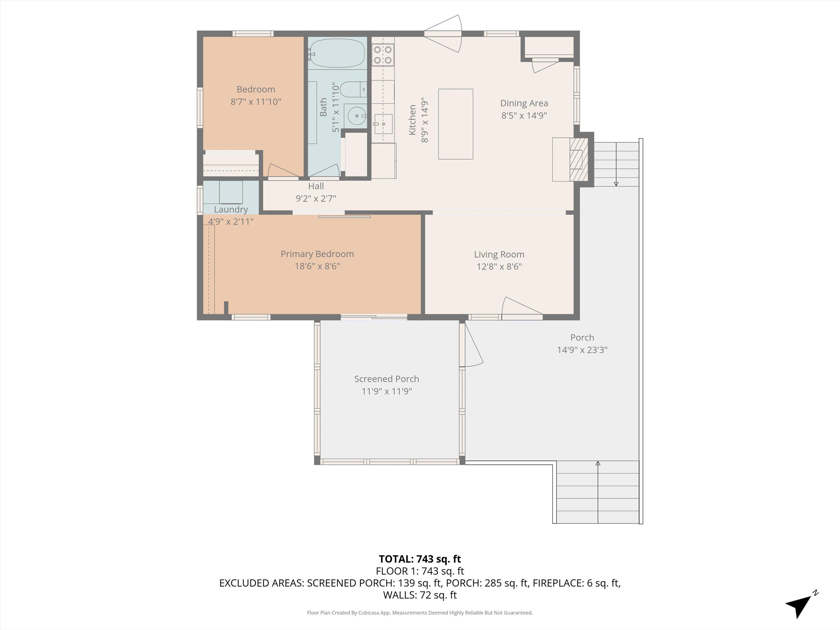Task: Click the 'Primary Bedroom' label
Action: [317, 254]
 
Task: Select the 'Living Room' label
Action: [499, 254]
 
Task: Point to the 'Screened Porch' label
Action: [387, 379]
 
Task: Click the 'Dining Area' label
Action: [524, 103]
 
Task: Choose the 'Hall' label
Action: [316, 186]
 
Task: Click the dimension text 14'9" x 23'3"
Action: [582, 350]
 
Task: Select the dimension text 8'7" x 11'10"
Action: [256, 102]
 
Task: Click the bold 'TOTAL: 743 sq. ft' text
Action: [420, 559]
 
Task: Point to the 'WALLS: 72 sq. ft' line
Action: [420, 595]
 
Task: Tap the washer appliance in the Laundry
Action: [231, 192]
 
